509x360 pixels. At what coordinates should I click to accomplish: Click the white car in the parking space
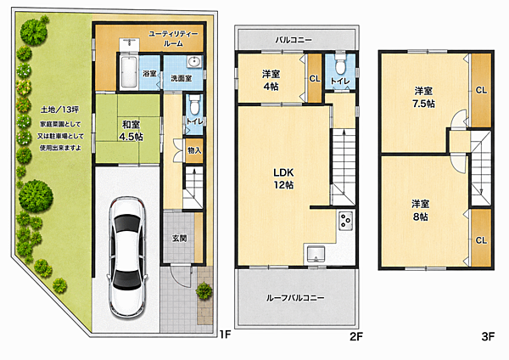(127, 257)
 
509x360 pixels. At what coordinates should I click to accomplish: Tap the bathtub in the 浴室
(128, 72)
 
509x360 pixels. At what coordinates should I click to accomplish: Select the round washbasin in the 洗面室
(195, 61)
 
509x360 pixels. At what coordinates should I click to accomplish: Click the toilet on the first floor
(194, 104)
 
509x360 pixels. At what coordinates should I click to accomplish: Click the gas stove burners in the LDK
(346, 221)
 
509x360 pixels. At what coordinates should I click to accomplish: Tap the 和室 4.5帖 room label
(131, 130)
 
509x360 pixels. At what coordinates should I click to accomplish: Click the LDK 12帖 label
(283, 178)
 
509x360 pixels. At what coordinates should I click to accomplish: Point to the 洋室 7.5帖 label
(423, 97)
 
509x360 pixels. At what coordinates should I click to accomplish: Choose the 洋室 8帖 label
(421, 211)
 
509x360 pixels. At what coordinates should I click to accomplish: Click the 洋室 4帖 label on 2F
(271, 81)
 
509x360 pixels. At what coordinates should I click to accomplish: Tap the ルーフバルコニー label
(295, 298)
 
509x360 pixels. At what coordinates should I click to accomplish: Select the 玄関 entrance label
(180, 238)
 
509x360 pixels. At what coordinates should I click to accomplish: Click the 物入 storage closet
(194, 150)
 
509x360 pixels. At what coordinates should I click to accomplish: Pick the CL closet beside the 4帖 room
(314, 78)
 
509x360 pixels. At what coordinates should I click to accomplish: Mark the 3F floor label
(488, 336)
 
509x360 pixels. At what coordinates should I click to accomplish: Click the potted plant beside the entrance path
(204, 290)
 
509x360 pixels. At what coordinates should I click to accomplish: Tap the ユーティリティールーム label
(173, 38)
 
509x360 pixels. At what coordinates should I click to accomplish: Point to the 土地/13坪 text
(59, 110)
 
